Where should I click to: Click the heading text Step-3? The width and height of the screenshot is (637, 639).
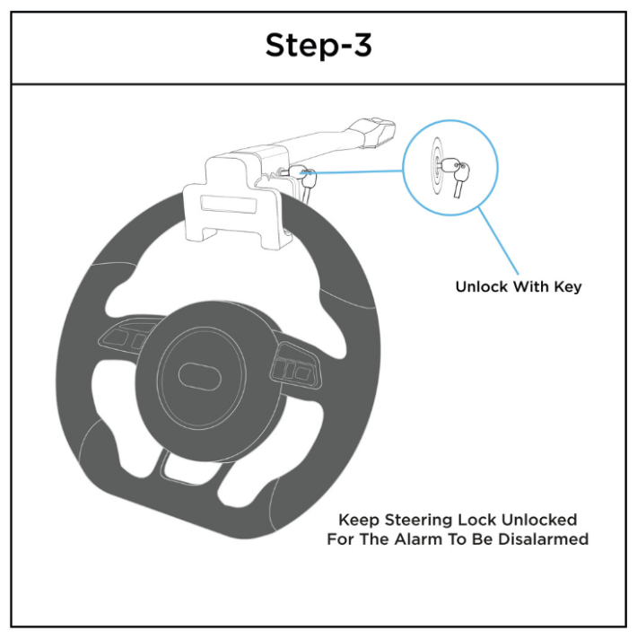pyautogui.click(x=318, y=46)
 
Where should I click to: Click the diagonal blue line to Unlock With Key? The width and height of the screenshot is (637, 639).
pyautogui.click(x=498, y=241)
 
